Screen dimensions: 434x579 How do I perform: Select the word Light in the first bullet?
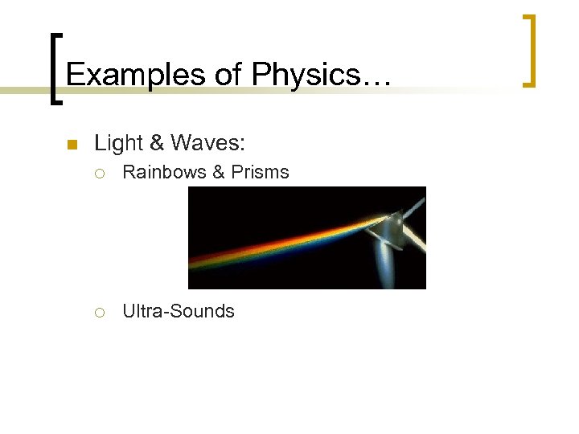pos(117,145)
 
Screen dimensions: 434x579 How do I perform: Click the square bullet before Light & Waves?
pos(71,145)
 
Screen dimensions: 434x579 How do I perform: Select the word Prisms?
pos(260,172)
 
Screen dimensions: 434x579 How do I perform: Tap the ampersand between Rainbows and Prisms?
pos(215,172)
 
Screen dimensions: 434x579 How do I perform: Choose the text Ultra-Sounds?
pos(179,311)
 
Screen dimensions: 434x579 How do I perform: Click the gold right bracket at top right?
pos(528,50)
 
